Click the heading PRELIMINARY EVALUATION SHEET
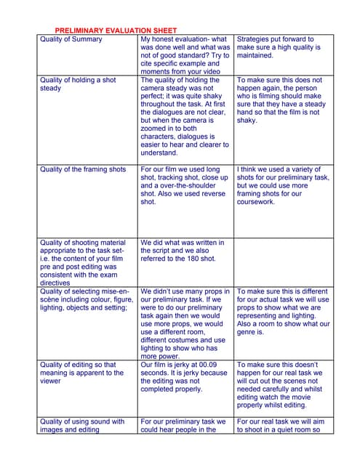point(116,31)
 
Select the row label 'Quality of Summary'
point(71,39)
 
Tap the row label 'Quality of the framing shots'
point(83,169)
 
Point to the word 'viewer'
point(51,381)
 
